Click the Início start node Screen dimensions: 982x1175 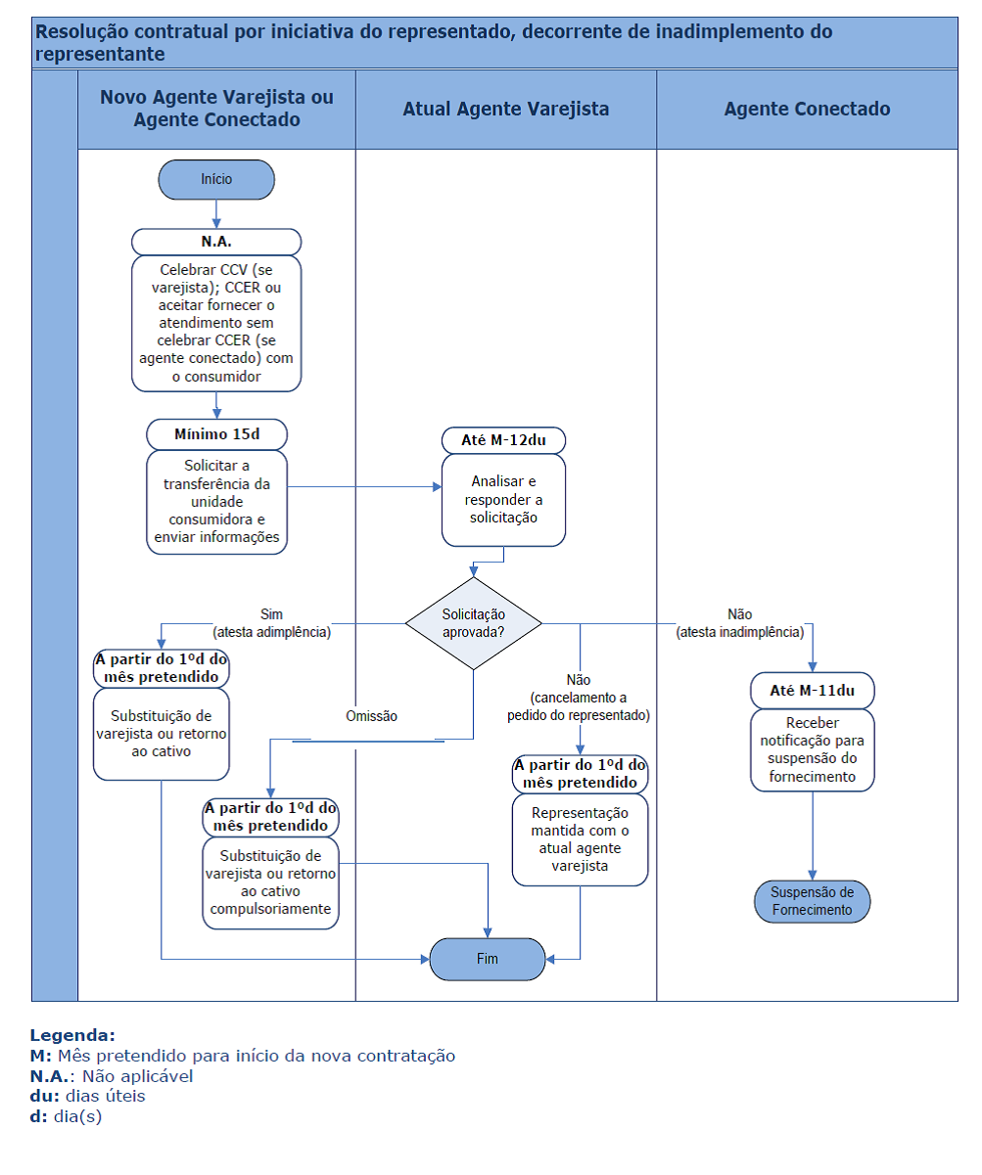pyautogui.click(x=216, y=179)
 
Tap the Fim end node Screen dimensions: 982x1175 pyautogui.click(x=487, y=959)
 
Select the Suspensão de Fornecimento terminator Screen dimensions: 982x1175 pyautogui.click(x=812, y=901)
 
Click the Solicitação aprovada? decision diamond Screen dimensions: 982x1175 pyautogui.click(x=473, y=623)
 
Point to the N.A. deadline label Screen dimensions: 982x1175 pyautogui.click(x=216, y=242)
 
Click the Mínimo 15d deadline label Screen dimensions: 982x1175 pyautogui.click(x=216, y=434)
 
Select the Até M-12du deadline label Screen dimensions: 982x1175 pyautogui.click(x=503, y=440)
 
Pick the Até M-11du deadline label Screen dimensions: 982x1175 pyautogui.click(x=812, y=691)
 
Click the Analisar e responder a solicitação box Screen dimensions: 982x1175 pyautogui.click(x=503, y=500)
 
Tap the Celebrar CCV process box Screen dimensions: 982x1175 pyautogui.click(x=216, y=324)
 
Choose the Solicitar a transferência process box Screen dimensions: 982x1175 pyautogui.click(x=216, y=502)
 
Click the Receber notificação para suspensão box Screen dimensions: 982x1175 pyautogui.click(x=812, y=750)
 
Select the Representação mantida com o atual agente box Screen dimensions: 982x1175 pyautogui.click(x=580, y=839)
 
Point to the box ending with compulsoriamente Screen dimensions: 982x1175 pyautogui.click(x=270, y=882)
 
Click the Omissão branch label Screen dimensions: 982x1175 pyautogui.click(x=371, y=716)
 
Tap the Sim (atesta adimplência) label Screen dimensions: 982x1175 pyautogui.click(x=271, y=623)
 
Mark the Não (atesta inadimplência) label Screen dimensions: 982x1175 pyautogui.click(x=740, y=623)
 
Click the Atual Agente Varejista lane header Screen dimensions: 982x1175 pyautogui.click(x=505, y=110)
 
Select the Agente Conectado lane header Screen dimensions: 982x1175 pyautogui.click(x=807, y=110)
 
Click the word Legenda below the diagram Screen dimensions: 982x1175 pyautogui.click(x=72, y=1035)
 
